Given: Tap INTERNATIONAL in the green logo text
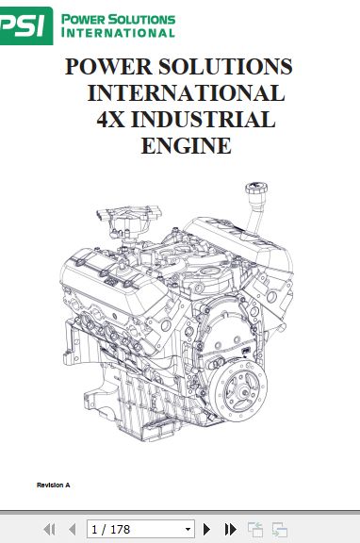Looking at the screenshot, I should (x=118, y=32).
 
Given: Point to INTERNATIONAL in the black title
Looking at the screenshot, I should (x=186, y=93).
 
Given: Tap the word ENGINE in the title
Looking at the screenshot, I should (x=186, y=146).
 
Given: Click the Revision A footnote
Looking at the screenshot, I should (x=54, y=485).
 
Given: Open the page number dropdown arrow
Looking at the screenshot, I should (x=188, y=530).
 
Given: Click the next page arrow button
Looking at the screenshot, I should (x=207, y=530).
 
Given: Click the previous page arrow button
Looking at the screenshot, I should (x=72, y=530).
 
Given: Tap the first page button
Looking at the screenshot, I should (x=50, y=530).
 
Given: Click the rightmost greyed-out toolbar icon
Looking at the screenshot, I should (x=279, y=530).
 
